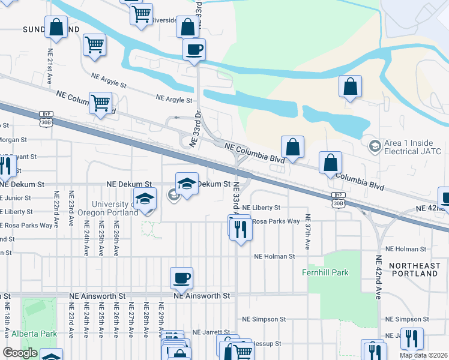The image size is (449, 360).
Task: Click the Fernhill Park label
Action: [x=325, y=272]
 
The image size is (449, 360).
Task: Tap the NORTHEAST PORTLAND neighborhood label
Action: [x=413, y=269]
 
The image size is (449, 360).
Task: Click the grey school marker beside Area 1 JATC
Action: [x=374, y=145]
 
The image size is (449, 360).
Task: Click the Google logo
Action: [x=20, y=353]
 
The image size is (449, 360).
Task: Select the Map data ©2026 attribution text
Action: [x=423, y=355]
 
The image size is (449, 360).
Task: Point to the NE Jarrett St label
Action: [x=211, y=332]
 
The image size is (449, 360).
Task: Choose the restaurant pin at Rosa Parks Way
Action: [x=240, y=228]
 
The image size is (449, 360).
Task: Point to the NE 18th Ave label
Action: [x=7, y=326]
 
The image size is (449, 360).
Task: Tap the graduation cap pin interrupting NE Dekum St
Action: [x=187, y=184]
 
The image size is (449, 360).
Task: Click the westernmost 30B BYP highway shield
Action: [x=46, y=118]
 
